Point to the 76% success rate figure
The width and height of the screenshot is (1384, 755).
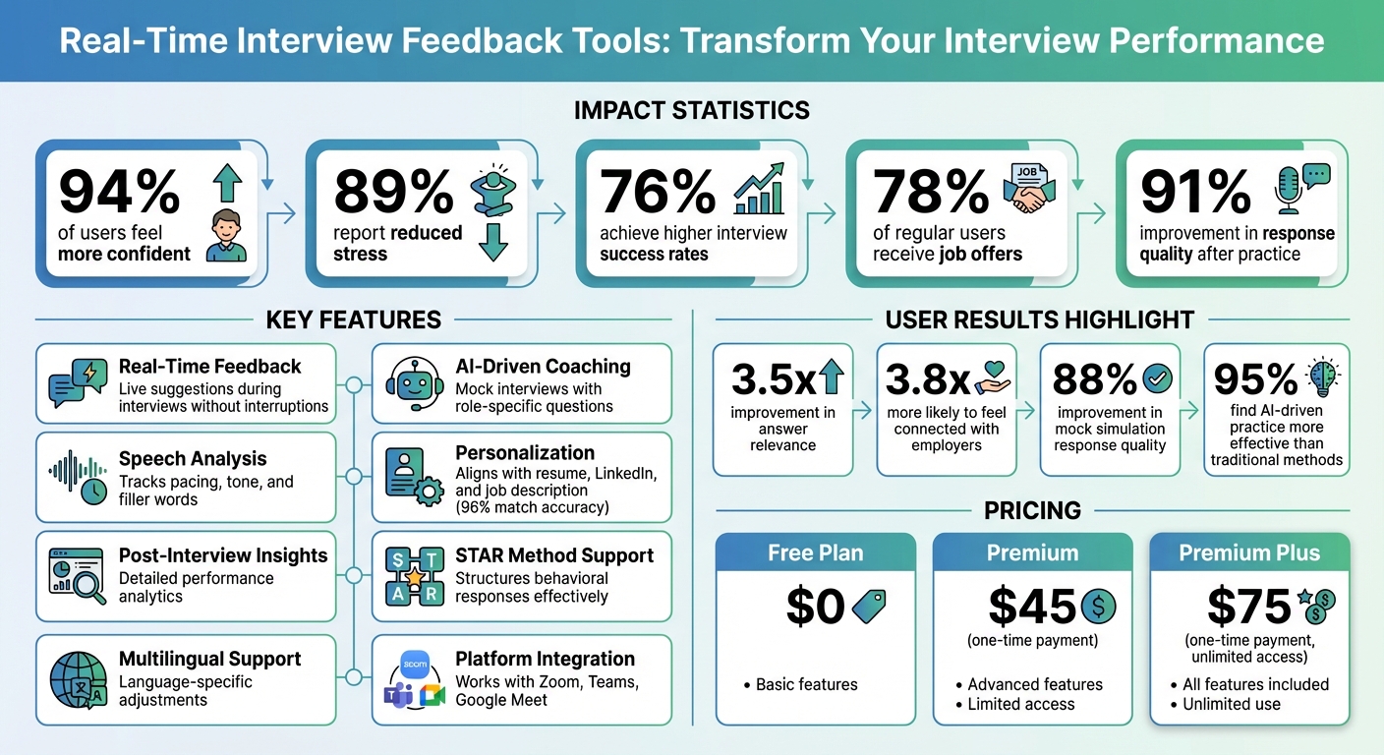pyautogui.click(x=659, y=191)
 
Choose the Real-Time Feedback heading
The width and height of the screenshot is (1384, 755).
pyautogui.click(x=209, y=367)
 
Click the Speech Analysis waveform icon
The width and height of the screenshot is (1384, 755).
pyautogui.click(x=79, y=478)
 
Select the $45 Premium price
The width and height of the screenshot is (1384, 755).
pyautogui.click(x=1033, y=607)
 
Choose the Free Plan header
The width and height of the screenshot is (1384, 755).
pyautogui.click(x=816, y=553)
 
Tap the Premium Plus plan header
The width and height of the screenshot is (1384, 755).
pyautogui.click(x=1249, y=553)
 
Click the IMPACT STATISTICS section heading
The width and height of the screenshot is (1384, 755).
pyautogui.click(x=692, y=110)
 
